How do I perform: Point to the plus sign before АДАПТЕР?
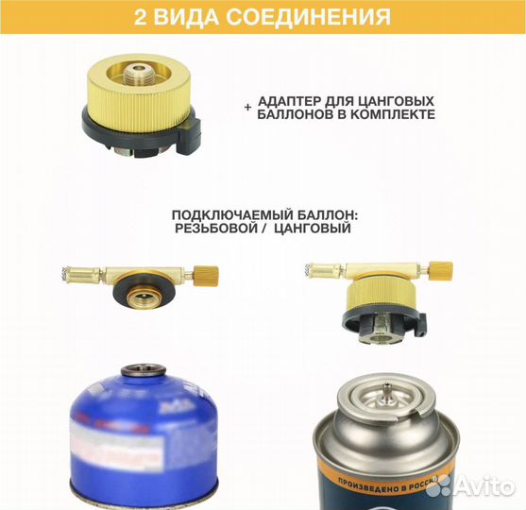pyautogui.click(x=248, y=109)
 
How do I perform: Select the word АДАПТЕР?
pyautogui.click(x=292, y=100)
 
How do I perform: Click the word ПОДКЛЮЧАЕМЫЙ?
pyautogui.click(x=225, y=215)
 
